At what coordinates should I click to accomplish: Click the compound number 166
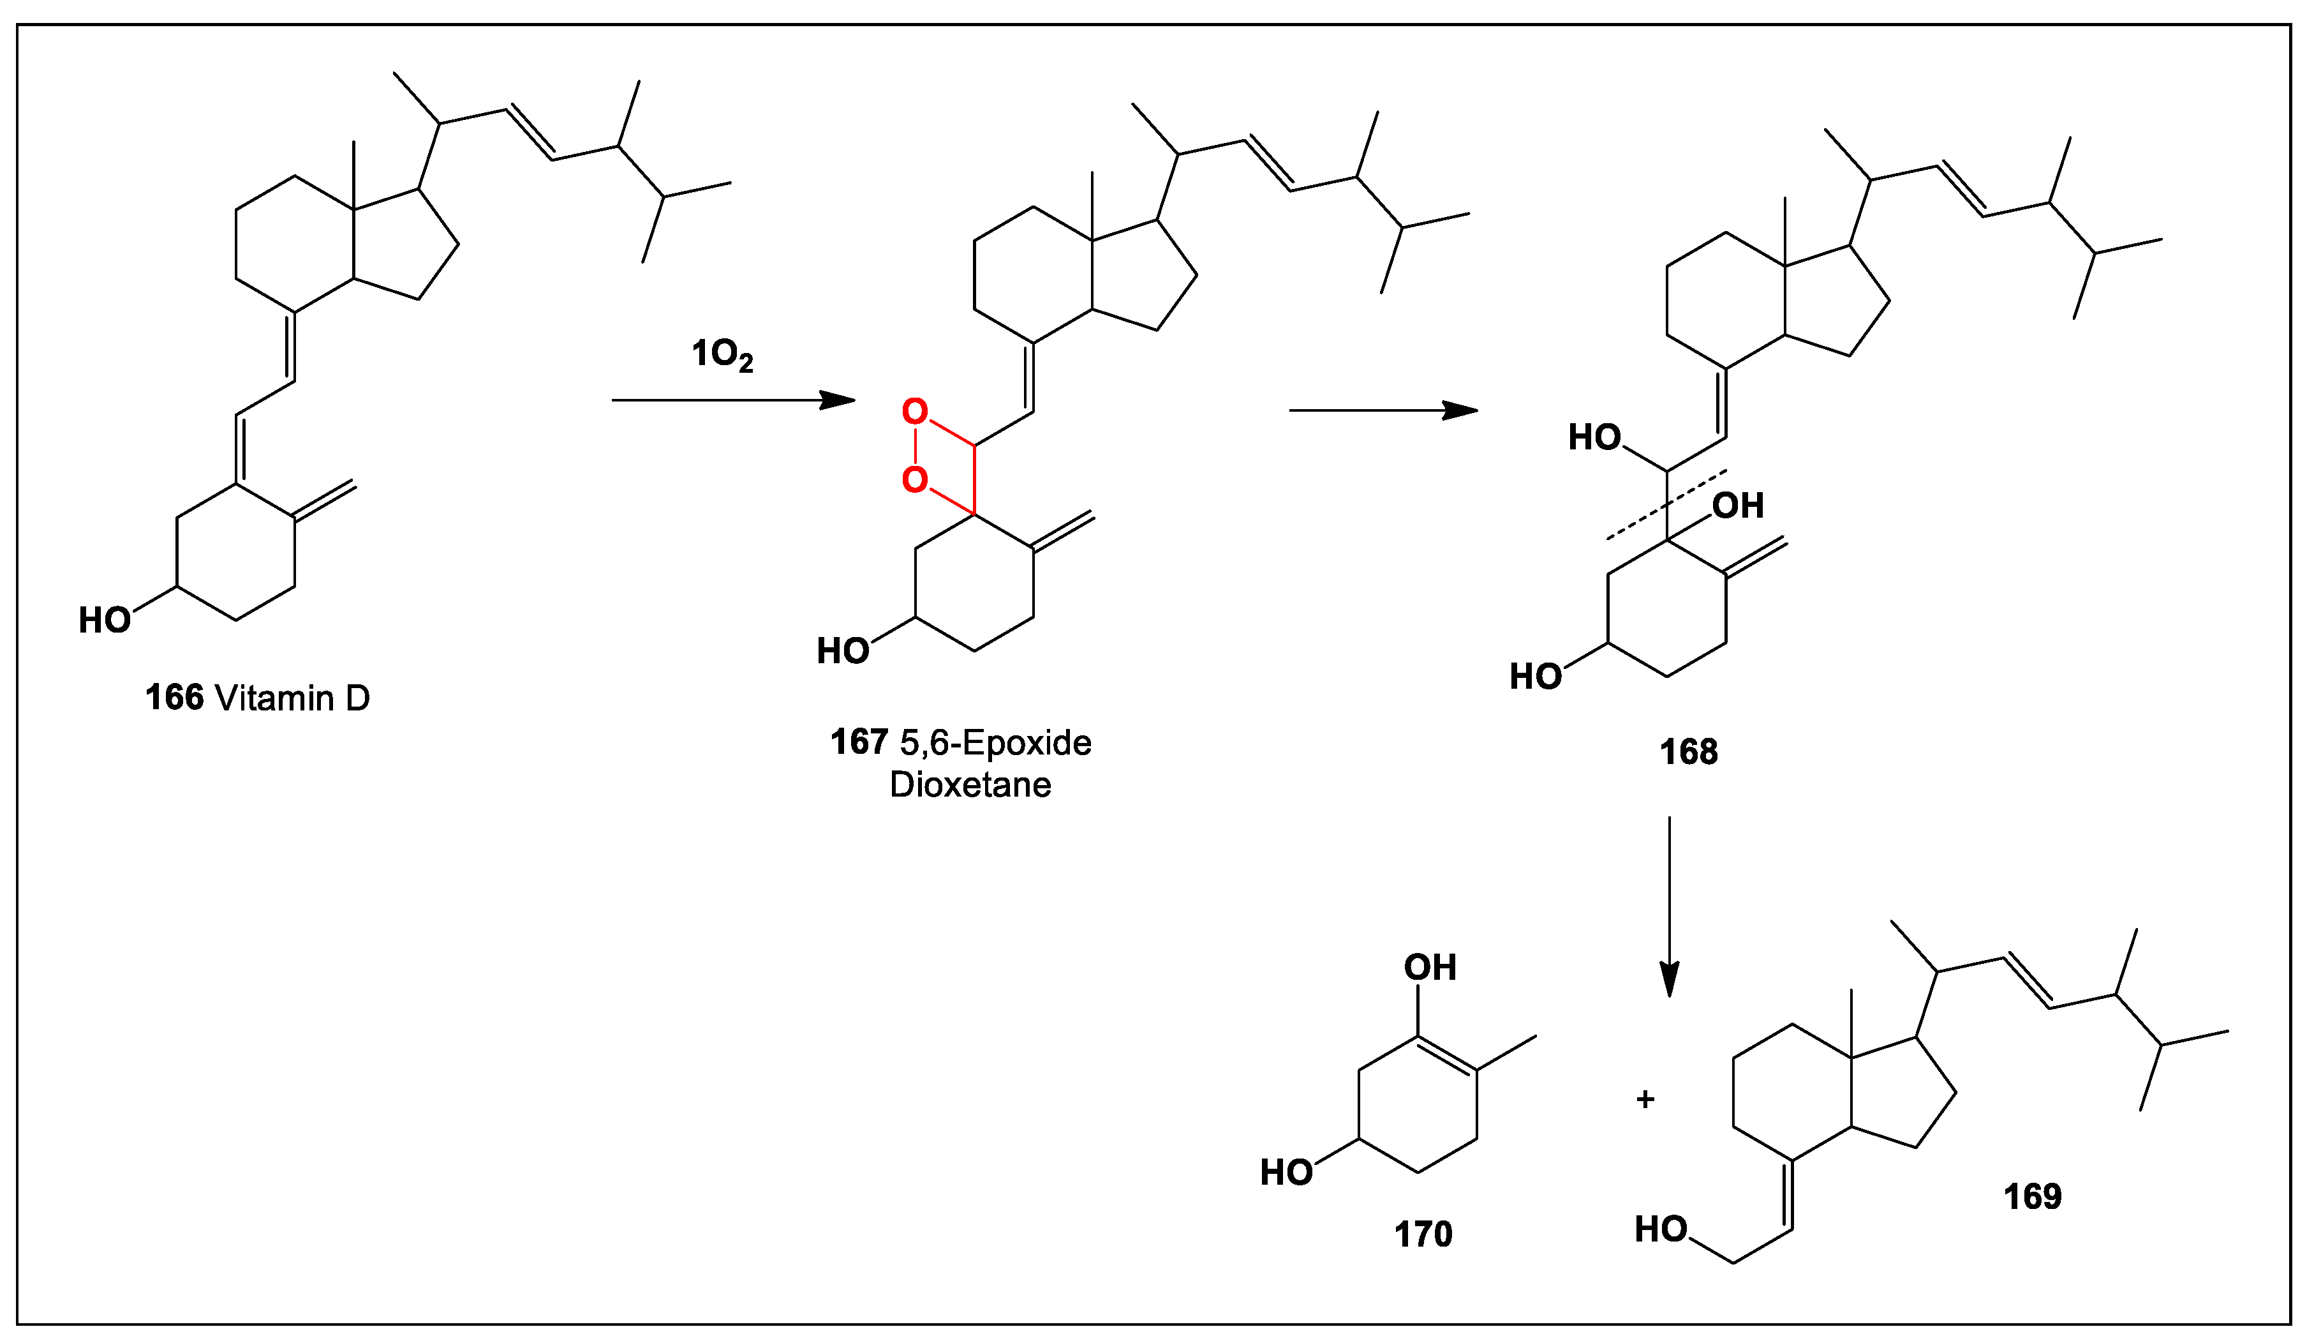pos(174,698)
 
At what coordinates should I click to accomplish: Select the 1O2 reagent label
pos(722,355)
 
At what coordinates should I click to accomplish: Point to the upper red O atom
pos(915,412)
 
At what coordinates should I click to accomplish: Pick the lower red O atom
pos(915,479)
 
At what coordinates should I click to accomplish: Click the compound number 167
pos(859,742)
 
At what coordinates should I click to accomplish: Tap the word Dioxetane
pos(970,785)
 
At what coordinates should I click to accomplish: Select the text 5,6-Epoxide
pos(995,743)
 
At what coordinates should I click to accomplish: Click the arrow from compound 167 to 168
pos(1383,410)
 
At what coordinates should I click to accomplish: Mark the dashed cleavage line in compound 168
pos(1666,506)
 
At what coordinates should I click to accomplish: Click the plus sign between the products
pos(1645,1100)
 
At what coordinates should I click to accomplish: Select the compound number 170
pos(1423,1234)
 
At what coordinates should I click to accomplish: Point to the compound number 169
pos(2032,1197)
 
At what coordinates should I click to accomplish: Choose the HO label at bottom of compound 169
pos(1661,1230)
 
